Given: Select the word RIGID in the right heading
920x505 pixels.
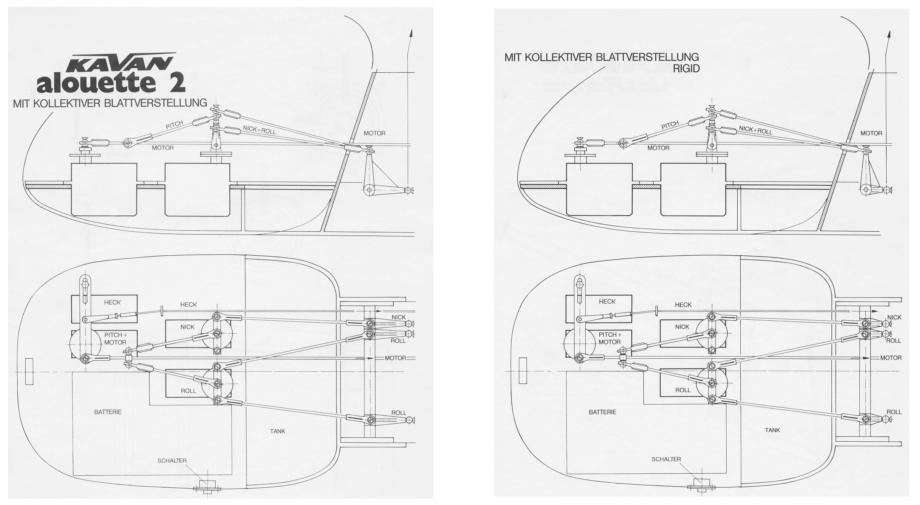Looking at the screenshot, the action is pos(686,69).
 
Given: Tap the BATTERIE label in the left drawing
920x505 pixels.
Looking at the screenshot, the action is pos(108,412).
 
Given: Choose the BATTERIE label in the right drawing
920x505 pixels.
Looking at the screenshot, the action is pos(603,412).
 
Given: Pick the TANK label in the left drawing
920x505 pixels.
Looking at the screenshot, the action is pos(277,431).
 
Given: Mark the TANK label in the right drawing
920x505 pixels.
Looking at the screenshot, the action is pos(772,430).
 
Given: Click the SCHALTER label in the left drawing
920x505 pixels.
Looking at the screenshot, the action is pos(172,461).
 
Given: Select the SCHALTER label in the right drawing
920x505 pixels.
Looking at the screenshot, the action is pos(666,459).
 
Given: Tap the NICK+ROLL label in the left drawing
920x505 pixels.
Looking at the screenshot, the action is pos(260,130).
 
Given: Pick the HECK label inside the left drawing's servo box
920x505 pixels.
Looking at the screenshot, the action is pos(113,302).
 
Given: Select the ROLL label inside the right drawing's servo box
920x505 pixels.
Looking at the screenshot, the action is pos(683,390).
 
